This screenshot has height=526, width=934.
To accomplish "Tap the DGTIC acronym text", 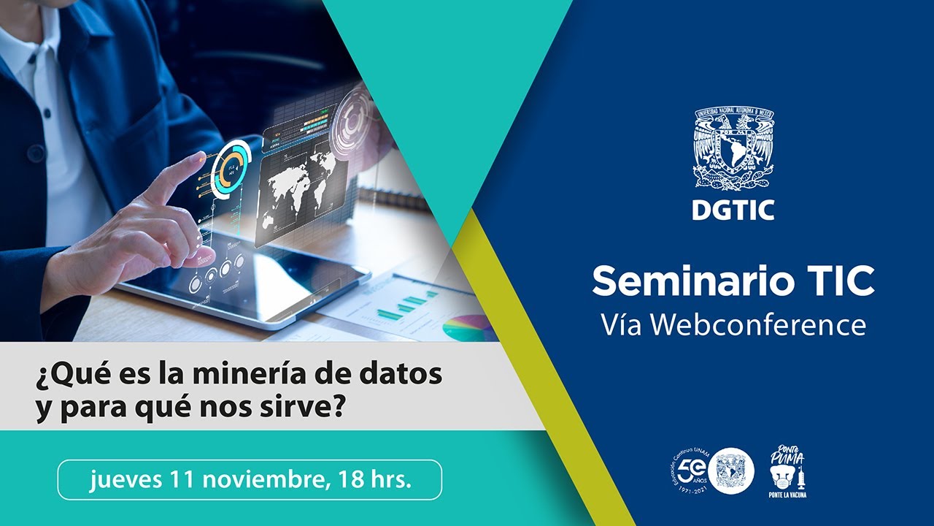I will tap(733, 209).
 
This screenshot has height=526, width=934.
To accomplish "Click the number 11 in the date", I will tap(184, 480).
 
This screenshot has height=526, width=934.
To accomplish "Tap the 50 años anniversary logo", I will tap(690, 471).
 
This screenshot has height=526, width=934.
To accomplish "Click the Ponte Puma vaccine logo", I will tap(788, 472).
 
